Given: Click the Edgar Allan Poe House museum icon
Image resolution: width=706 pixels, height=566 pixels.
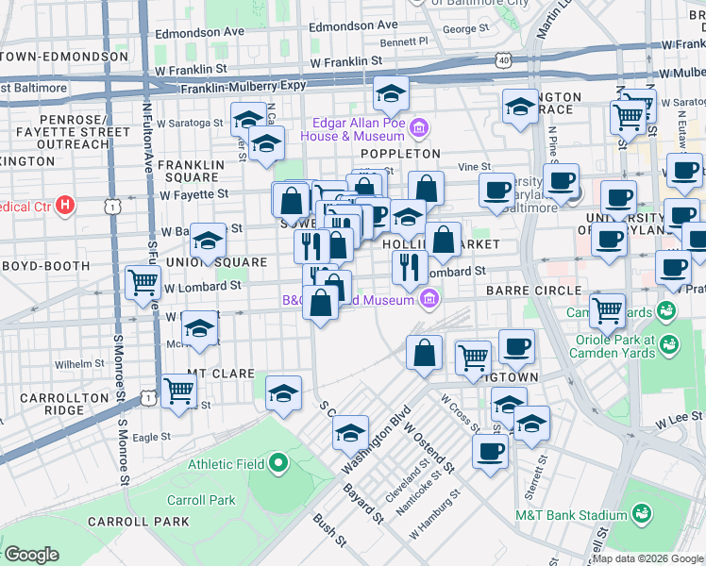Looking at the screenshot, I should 421,127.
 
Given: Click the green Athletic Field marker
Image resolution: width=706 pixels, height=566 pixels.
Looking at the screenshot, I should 277,463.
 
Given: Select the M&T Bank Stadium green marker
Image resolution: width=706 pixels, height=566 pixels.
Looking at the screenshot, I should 642,514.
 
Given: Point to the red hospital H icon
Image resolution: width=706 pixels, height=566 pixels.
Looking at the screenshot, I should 64,204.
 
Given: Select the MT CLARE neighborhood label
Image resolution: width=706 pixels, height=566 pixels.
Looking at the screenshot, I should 220,374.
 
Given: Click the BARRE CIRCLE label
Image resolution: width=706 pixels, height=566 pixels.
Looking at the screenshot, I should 524,291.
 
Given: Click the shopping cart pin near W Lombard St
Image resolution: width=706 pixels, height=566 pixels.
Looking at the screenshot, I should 143,281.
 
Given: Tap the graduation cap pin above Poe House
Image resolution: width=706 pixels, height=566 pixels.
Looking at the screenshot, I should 390,92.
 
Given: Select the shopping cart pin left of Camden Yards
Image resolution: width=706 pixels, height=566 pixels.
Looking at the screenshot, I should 607,308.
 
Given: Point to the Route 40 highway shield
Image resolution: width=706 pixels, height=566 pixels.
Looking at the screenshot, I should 504,60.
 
